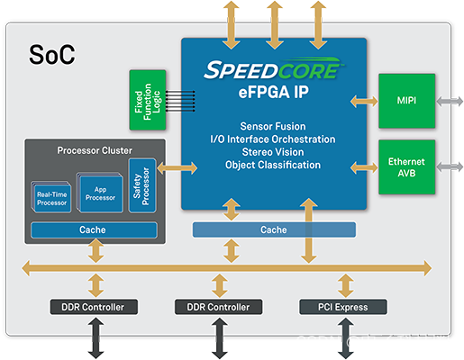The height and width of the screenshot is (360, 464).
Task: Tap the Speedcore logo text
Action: coord(274,70)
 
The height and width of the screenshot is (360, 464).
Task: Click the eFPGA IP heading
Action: coord(274,92)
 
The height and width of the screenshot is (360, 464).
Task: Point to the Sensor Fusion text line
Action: coord(274,126)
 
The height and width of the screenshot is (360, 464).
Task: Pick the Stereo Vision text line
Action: coord(274,152)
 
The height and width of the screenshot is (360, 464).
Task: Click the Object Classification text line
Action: coord(274,165)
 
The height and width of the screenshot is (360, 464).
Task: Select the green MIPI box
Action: coord(406,101)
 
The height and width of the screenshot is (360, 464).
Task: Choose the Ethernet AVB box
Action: coord(406,166)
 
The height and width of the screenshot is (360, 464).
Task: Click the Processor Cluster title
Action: coord(94,150)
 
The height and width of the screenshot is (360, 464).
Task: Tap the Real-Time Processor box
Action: coord(52,198)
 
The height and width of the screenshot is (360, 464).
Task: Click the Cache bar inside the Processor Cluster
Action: coord(92,229)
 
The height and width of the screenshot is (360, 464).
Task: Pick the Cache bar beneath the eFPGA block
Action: coord(274,229)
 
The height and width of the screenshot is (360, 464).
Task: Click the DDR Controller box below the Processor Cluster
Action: coord(94,307)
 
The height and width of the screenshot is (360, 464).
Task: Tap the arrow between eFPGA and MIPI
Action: coord(365,102)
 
